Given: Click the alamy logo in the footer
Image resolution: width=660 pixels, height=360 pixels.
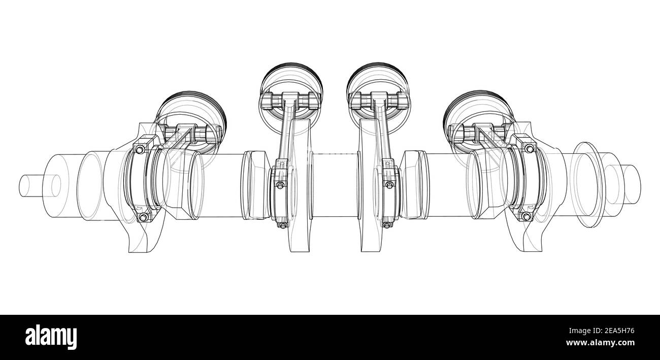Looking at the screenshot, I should (51, 337).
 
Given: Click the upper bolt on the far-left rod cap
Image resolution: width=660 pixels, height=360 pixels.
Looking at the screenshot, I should (139, 149).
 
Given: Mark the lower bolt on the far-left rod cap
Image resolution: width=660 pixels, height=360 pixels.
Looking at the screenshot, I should (143, 217).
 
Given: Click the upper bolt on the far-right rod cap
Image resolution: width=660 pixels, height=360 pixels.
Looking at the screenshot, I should (530, 148).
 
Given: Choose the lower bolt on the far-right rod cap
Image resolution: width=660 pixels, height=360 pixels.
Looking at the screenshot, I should (525, 217).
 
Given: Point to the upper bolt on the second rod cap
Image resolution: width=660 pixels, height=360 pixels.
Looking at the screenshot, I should (280, 186).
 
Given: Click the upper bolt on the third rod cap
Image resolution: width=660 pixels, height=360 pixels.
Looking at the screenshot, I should (389, 185).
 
